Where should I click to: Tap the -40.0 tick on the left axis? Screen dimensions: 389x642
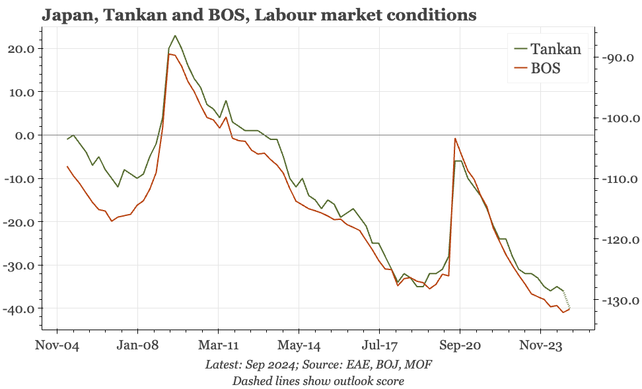(23, 308)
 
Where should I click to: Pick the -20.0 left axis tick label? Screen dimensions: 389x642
(23, 222)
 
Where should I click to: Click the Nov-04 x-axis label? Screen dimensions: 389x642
(57, 344)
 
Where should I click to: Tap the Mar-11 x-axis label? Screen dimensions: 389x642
(219, 344)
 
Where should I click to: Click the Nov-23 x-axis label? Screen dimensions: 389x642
(541, 344)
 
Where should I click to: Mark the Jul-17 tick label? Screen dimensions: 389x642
(380, 344)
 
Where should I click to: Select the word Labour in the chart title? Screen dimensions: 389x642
(274, 15)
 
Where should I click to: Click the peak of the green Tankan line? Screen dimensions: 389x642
(175, 36)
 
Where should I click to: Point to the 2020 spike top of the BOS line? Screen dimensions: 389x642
(455, 138)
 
